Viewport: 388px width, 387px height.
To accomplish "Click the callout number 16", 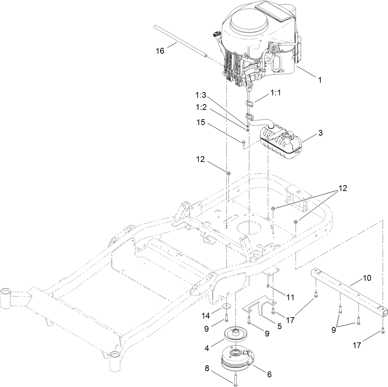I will [x=160, y=51].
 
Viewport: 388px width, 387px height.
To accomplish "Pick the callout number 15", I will [x=201, y=122].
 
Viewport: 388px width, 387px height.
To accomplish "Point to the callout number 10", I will [x=366, y=279].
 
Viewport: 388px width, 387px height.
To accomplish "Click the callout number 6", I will [x=269, y=374].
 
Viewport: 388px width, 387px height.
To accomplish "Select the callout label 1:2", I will [x=201, y=108].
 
